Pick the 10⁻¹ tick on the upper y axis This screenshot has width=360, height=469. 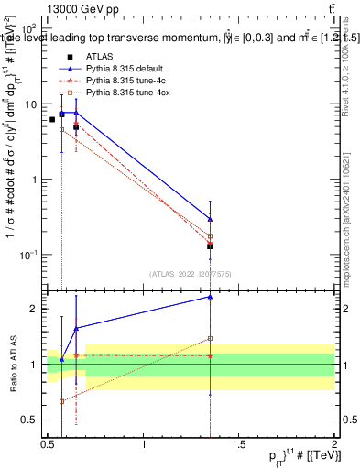tap(28, 254)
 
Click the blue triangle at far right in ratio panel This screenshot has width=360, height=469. tap(211, 297)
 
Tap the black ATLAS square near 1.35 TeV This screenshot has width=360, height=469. tap(211, 246)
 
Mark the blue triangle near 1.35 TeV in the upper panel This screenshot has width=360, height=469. tap(211, 219)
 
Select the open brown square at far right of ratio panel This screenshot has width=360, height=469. tap(211, 338)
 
